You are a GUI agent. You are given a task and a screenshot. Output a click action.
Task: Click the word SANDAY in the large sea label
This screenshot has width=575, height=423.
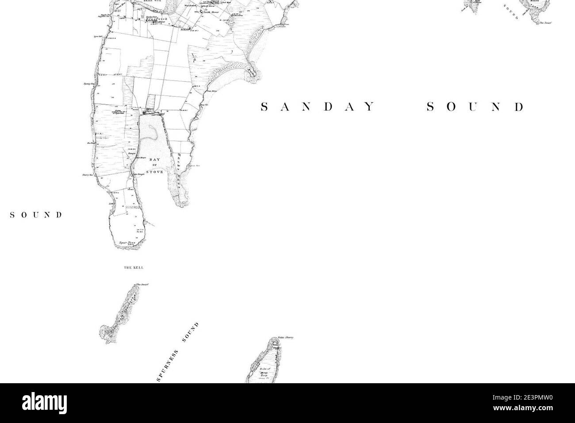pyautogui.click(x=318, y=107)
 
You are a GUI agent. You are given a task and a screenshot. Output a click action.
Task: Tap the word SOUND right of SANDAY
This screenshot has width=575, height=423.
pyautogui.click(x=475, y=107)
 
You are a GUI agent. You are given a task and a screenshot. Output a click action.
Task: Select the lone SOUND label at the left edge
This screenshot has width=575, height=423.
pyautogui.click(x=36, y=215)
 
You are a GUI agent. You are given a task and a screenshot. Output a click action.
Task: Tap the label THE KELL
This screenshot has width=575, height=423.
pyautogui.click(x=134, y=268)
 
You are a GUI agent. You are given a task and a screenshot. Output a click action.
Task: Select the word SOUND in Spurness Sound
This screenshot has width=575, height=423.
pyautogui.click(x=191, y=332)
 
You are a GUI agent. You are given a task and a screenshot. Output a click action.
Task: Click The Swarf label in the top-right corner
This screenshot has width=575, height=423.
pyautogui.click(x=545, y=22)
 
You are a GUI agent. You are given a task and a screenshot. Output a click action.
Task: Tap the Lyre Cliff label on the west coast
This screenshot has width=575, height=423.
pyautogui.click(x=98, y=37)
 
